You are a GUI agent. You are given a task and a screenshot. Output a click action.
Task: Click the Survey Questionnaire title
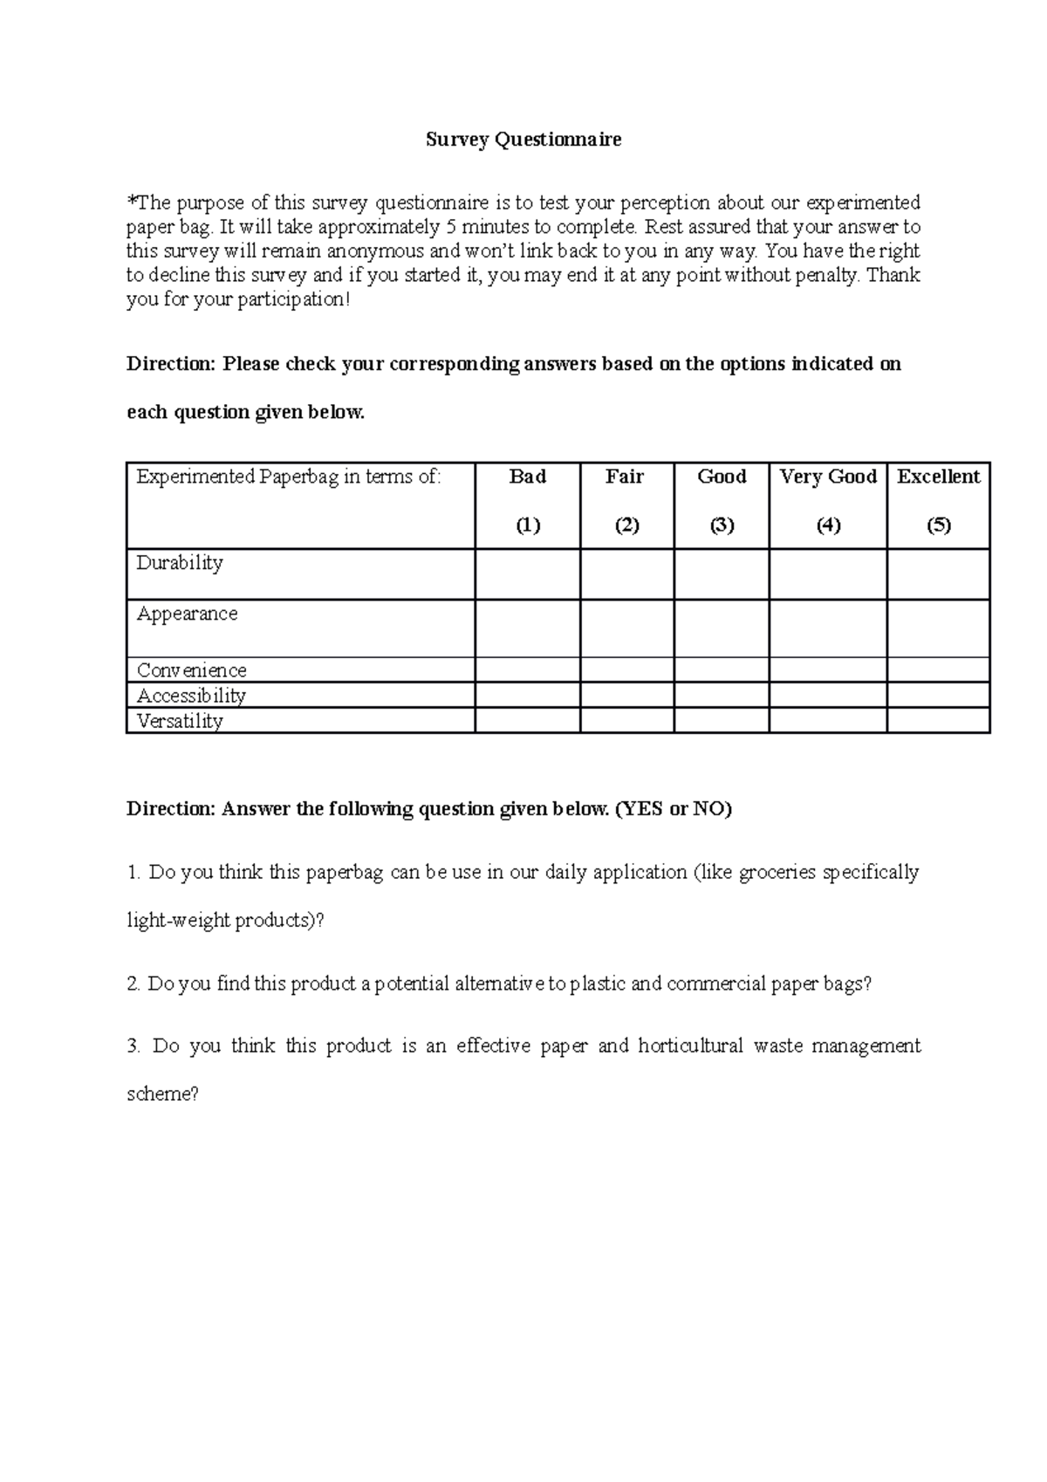click(x=523, y=140)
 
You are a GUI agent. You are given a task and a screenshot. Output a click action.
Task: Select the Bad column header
click(x=528, y=477)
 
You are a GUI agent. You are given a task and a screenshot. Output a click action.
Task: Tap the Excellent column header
click(x=939, y=477)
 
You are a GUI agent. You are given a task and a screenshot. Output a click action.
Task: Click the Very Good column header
click(x=828, y=477)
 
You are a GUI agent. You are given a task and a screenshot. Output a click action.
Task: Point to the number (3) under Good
click(x=722, y=525)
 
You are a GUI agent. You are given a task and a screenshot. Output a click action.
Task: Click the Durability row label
click(x=180, y=563)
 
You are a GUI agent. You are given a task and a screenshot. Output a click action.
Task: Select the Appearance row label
click(x=187, y=614)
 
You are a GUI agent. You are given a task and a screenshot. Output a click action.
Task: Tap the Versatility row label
click(x=180, y=721)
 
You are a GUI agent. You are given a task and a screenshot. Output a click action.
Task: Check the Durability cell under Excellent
click(x=939, y=574)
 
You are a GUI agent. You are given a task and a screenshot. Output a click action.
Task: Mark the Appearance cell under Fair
click(x=626, y=628)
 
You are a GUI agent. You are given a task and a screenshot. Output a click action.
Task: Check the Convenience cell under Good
click(x=722, y=670)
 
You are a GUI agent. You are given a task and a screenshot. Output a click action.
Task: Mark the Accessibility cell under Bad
click(x=528, y=696)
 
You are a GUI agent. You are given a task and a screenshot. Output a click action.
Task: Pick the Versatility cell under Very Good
click(x=828, y=721)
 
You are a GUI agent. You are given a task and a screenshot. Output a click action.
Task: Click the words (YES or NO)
click(x=674, y=809)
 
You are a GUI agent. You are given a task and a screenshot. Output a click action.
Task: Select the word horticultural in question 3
click(x=690, y=1046)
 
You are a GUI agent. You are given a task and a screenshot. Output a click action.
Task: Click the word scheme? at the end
click(x=163, y=1094)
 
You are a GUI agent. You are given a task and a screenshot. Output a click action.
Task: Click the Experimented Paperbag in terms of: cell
click(x=289, y=477)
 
